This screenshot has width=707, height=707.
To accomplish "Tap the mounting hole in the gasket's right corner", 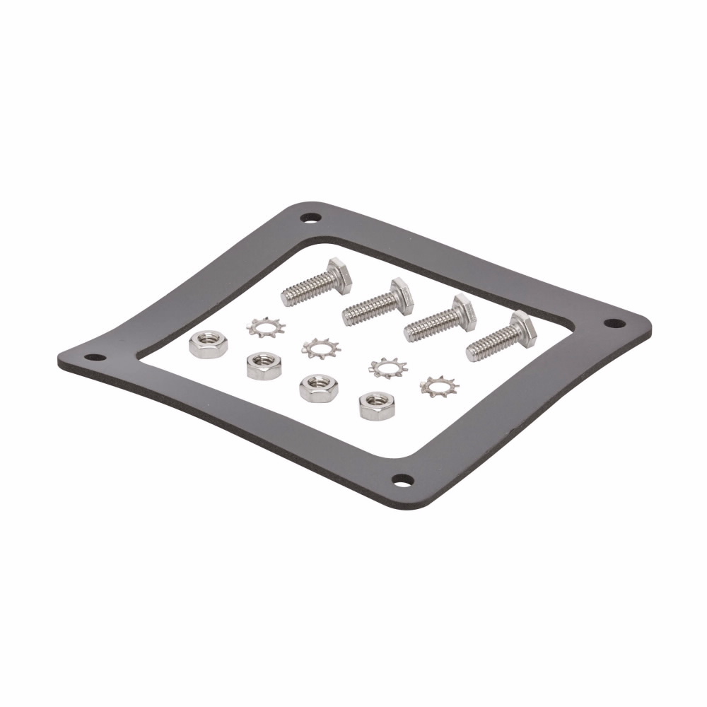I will (x=614, y=323).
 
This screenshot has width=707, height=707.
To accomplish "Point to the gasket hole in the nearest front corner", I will (x=402, y=481).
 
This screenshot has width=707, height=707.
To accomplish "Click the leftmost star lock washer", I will (x=265, y=328).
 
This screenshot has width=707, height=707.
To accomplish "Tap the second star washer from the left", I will (x=320, y=347).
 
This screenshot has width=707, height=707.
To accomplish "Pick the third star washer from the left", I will (x=387, y=367).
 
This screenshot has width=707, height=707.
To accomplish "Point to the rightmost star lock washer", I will (x=439, y=385).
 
